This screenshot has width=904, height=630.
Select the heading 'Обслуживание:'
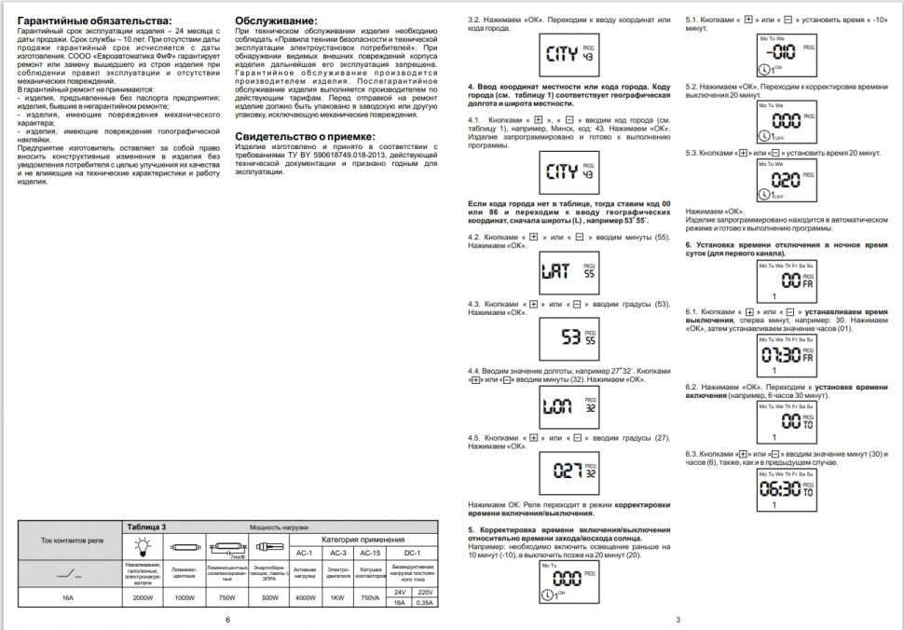pyautogui.click(x=276, y=21)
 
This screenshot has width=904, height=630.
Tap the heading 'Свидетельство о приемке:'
pyautogui.click(x=305, y=136)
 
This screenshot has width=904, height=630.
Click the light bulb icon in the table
pyautogui.click(x=144, y=547)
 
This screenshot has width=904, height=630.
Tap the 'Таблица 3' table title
pyautogui.click(x=146, y=527)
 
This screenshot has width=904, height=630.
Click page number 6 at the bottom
pyautogui.click(x=226, y=619)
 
